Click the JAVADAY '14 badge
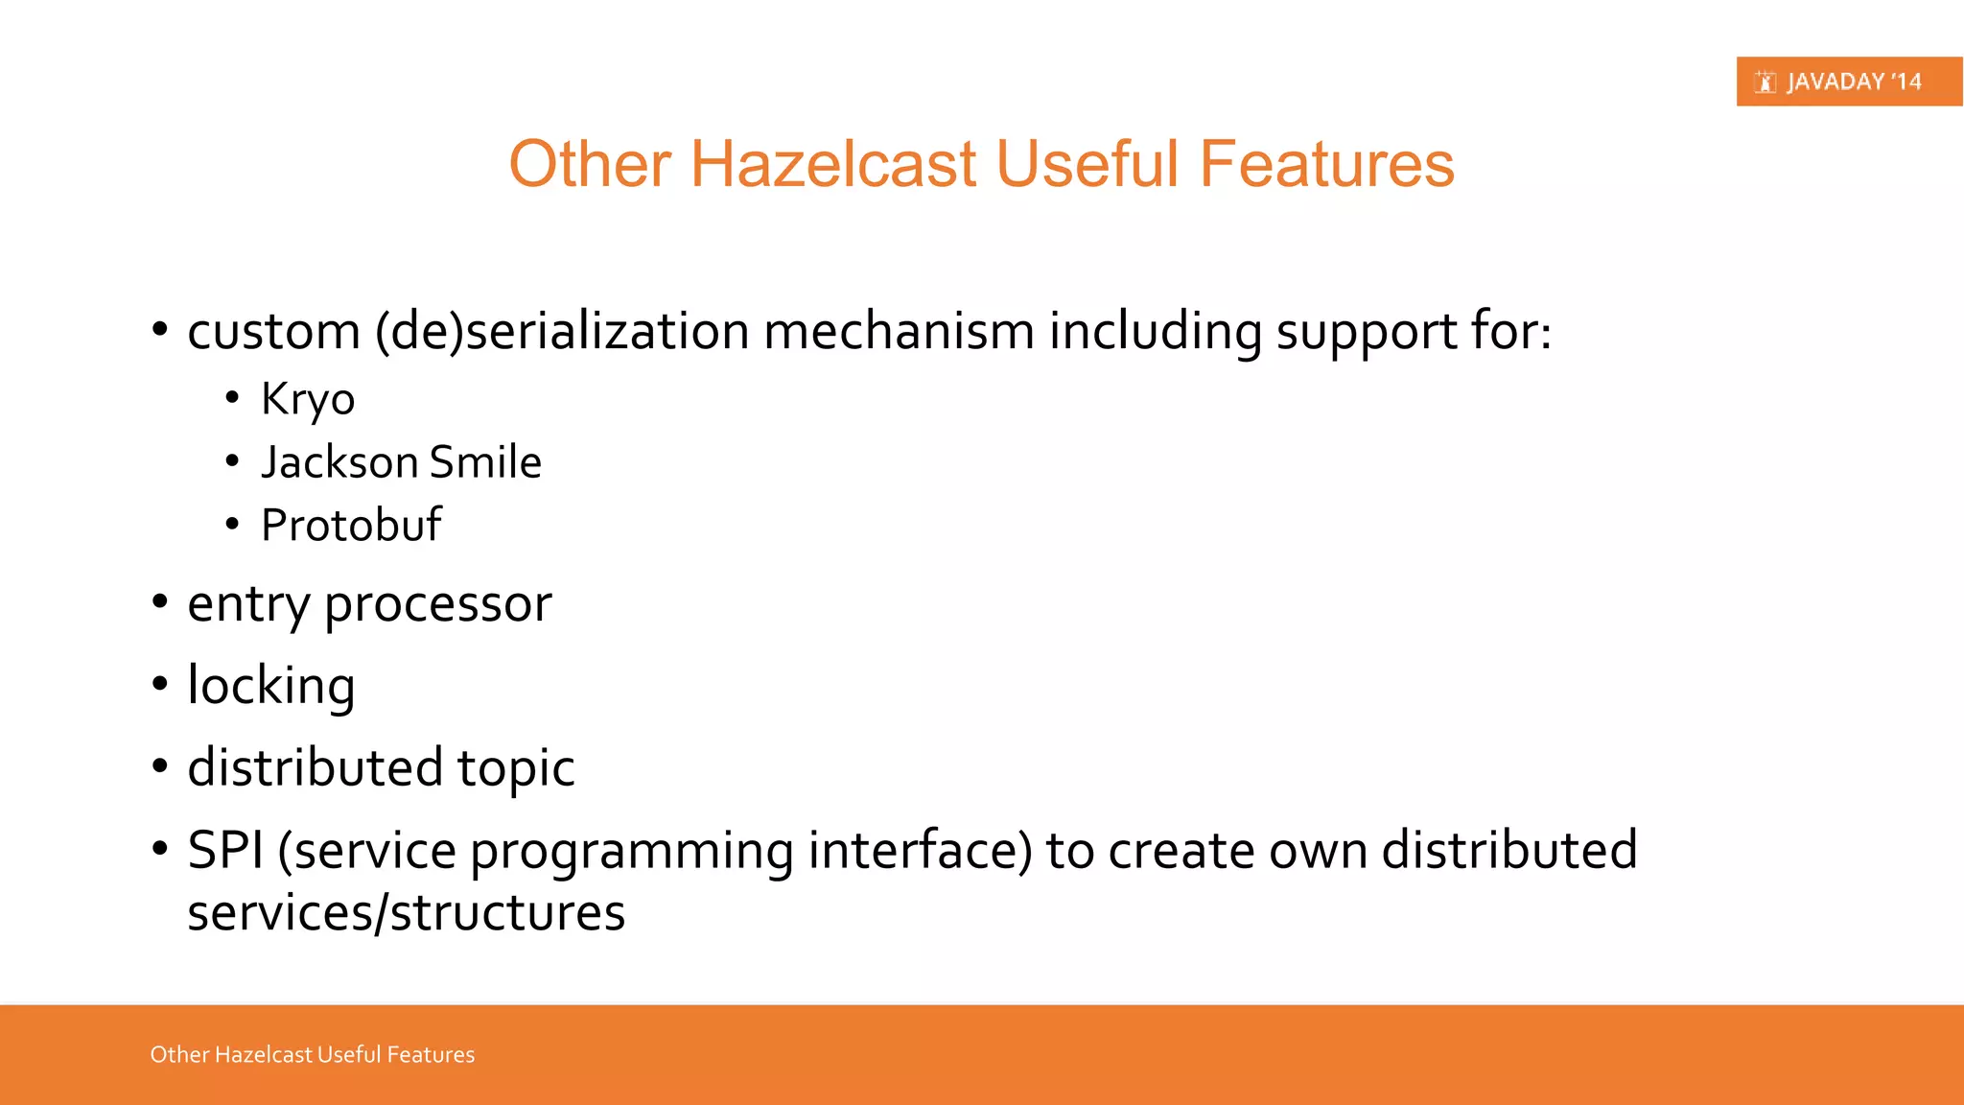pos(1848,82)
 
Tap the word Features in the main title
pos(1326,163)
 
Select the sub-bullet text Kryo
pos(308,399)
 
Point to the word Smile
pos(485,462)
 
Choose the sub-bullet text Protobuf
pos(351,526)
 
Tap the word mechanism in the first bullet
pos(899,332)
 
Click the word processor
pos(437,604)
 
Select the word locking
pos(271,687)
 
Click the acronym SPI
pos(225,850)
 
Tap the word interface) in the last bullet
pos(920,850)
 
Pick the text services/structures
pos(406,913)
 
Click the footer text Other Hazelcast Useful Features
pos(312,1054)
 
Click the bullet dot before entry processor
pos(160,602)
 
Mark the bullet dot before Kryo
pos(232,397)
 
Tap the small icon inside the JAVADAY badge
pos(1765,82)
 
